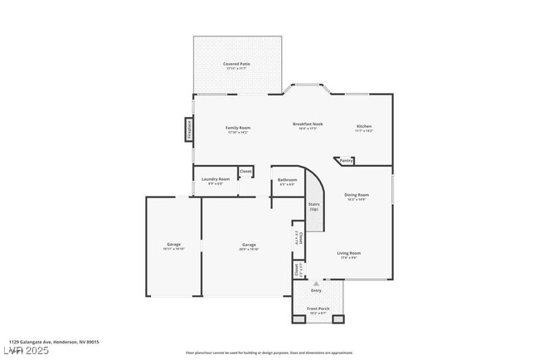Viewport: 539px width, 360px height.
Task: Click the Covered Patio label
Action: click(x=236, y=66)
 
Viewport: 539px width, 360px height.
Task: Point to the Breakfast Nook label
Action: click(x=308, y=125)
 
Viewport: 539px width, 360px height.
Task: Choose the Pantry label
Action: click(x=346, y=160)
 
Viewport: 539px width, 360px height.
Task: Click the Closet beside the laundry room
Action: click(x=245, y=172)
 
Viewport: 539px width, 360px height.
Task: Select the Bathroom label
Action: click(x=287, y=181)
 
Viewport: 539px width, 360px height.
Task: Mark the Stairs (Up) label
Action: click(x=314, y=207)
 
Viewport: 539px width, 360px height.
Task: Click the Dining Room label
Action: click(x=357, y=197)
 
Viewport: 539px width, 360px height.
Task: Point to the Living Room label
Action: click(x=348, y=254)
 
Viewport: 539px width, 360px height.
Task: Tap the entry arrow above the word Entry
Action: click(x=315, y=284)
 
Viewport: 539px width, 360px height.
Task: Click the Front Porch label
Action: click(x=318, y=309)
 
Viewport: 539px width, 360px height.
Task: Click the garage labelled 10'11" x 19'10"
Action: click(x=173, y=246)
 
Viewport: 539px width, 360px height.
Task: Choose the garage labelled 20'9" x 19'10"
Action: click(x=249, y=246)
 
